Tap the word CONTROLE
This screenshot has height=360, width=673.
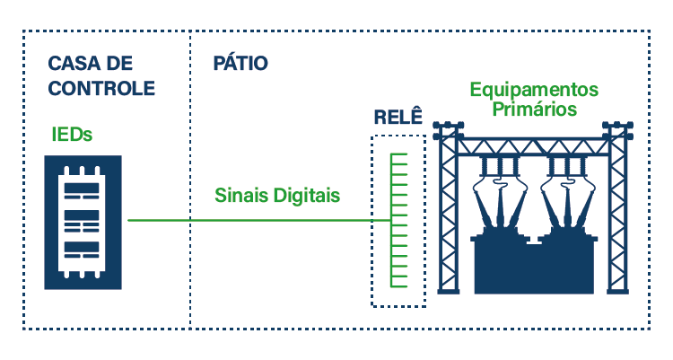[x=101, y=88]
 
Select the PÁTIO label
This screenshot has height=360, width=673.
[x=240, y=65]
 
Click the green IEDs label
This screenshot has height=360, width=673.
[x=72, y=135]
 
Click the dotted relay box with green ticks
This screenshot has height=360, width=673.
[x=398, y=221]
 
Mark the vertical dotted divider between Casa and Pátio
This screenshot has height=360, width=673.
[x=190, y=180]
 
